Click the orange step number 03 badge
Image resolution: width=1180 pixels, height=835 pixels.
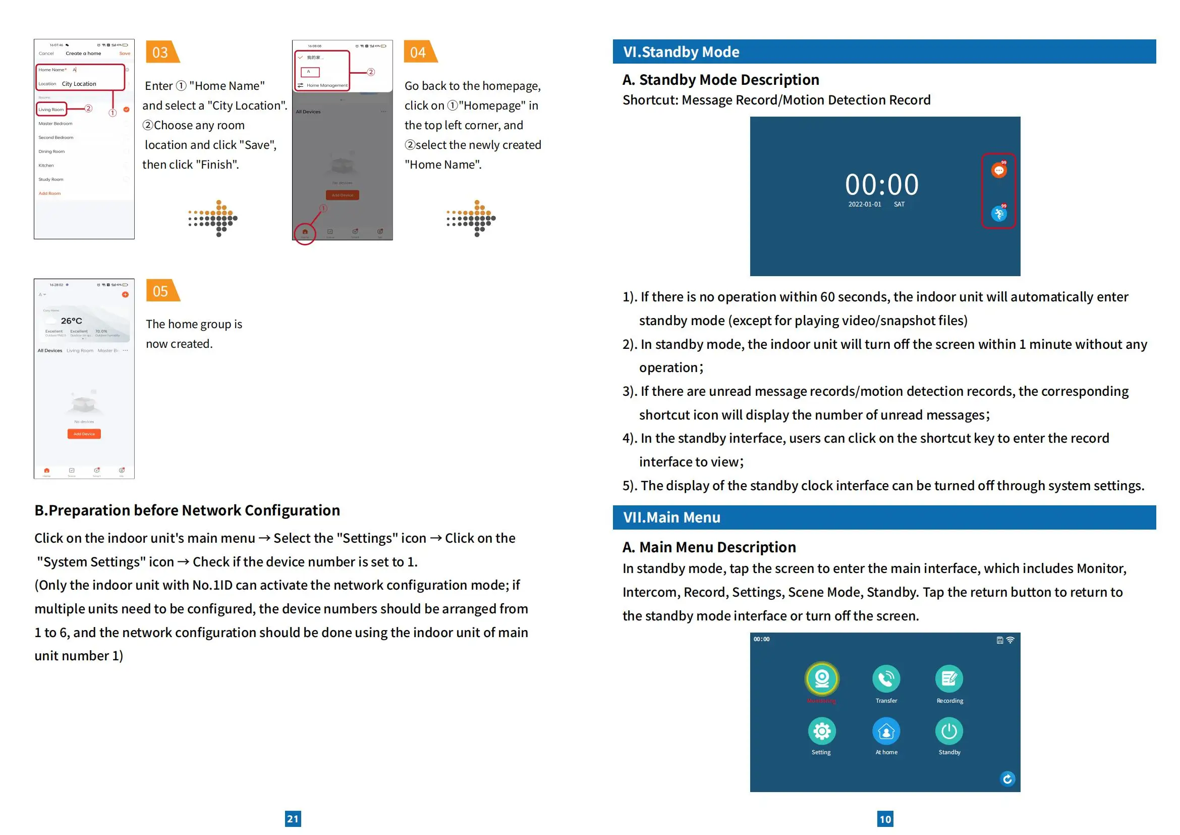pos(161,52)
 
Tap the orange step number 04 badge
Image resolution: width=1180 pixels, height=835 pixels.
pos(419,52)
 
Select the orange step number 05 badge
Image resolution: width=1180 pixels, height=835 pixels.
pos(161,291)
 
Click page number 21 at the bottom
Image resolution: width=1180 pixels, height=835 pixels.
pos(293,818)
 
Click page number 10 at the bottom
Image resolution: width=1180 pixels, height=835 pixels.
pos(885,818)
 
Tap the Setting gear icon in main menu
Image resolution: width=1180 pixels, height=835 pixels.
pos(822,730)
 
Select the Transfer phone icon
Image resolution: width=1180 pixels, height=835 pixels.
pos(886,679)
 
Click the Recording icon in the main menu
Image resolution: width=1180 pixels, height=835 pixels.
pos(949,679)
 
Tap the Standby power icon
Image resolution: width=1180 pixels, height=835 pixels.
pos(949,730)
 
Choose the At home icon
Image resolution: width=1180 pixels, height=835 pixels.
pos(886,730)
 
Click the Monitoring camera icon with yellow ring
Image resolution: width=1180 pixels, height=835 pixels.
pos(822,679)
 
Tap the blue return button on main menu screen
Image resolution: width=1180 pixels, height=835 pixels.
pos(1007,779)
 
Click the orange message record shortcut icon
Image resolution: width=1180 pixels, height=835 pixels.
pos(998,170)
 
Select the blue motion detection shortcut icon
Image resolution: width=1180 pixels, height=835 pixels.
pos(998,214)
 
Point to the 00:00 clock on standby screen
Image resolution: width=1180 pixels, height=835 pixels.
pos(882,184)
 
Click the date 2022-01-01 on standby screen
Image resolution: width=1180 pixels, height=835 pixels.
pos(865,204)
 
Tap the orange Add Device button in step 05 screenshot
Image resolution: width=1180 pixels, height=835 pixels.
pos(84,434)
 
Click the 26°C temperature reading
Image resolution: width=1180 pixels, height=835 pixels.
pos(72,321)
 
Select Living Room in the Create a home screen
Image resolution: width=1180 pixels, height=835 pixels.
pos(51,110)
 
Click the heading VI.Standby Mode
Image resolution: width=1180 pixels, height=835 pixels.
pos(681,52)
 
